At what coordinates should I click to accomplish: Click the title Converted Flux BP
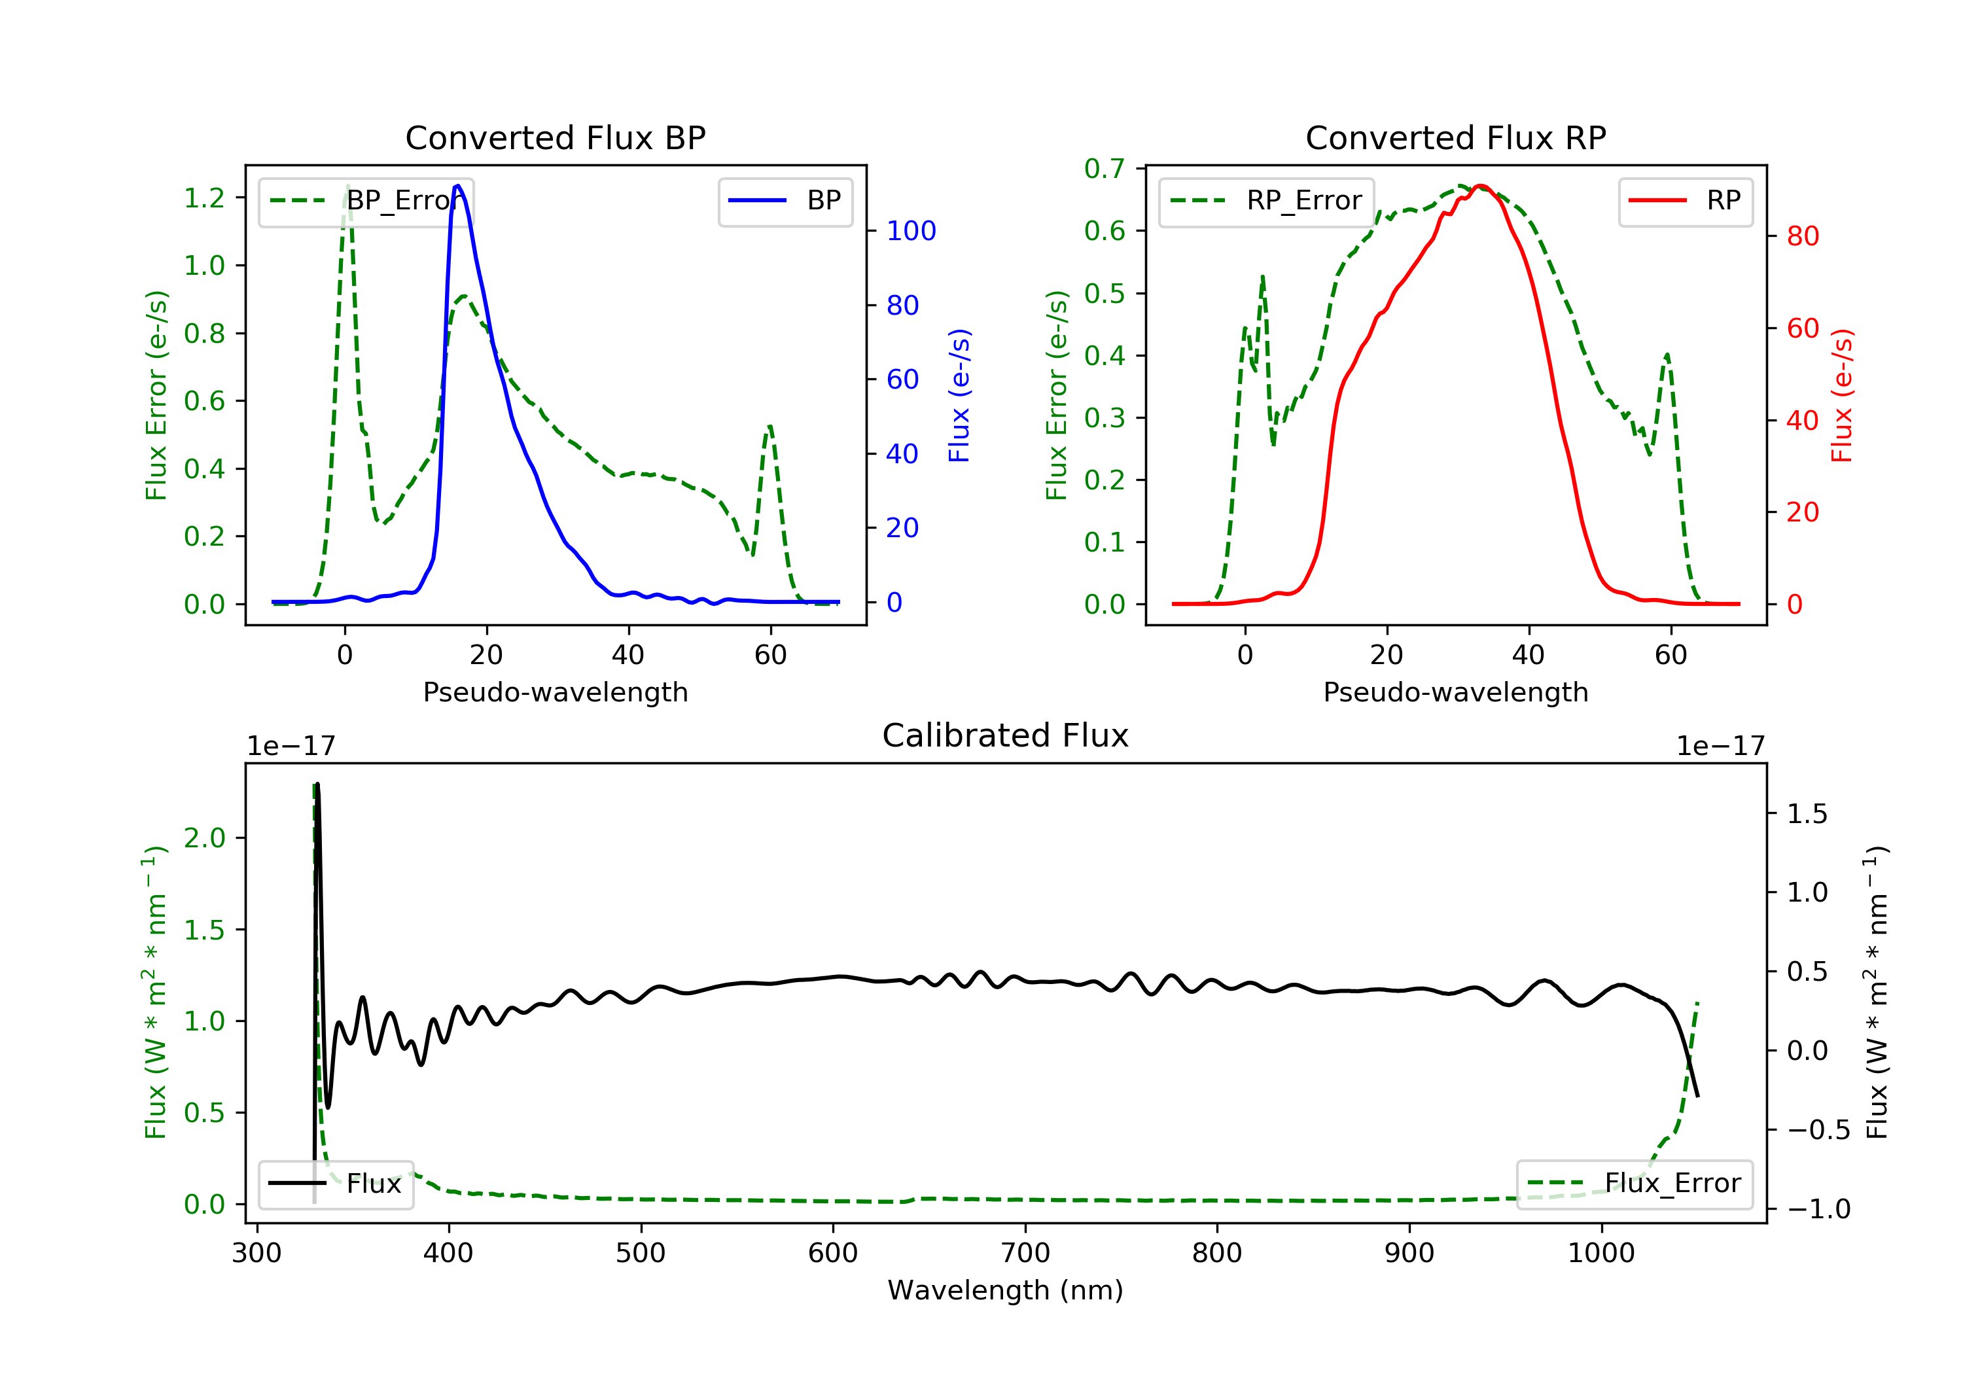click(x=555, y=137)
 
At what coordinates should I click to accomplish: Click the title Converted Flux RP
click(x=1455, y=137)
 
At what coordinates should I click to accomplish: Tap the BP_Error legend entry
click(x=366, y=201)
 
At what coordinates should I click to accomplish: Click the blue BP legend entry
click(x=785, y=201)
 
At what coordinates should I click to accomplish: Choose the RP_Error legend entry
click(x=1266, y=201)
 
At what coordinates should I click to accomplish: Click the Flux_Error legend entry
click(x=1634, y=1184)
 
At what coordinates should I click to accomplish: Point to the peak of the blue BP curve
click(x=457, y=186)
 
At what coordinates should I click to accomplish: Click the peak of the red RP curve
click(x=1481, y=186)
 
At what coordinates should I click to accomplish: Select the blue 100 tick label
click(x=911, y=231)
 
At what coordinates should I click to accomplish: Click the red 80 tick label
click(x=1802, y=236)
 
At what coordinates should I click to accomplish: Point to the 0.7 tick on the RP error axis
click(x=1105, y=168)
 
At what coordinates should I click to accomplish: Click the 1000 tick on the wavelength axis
click(x=1600, y=1254)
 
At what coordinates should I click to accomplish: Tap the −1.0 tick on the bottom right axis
click(x=1818, y=1209)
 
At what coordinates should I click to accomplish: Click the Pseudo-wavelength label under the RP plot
click(x=1455, y=692)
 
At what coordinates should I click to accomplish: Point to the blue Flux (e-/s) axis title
click(x=959, y=396)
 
